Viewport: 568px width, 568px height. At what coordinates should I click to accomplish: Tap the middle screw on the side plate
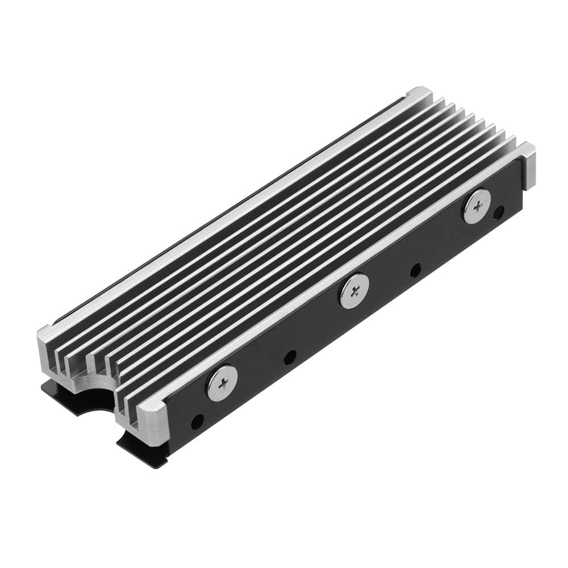[x=354, y=291]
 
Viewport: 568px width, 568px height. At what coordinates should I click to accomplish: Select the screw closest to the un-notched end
[x=477, y=206]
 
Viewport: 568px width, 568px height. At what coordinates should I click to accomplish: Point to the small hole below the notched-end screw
[x=197, y=421]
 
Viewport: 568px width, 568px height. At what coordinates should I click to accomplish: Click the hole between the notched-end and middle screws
[x=290, y=357]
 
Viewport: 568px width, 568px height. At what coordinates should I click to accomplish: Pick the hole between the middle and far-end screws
[x=416, y=270]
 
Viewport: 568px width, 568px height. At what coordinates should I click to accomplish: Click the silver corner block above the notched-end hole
[x=152, y=411]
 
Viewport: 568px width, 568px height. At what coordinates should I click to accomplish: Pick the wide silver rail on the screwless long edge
[x=227, y=216]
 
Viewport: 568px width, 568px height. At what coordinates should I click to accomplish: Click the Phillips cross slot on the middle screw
[x=354, y=291]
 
